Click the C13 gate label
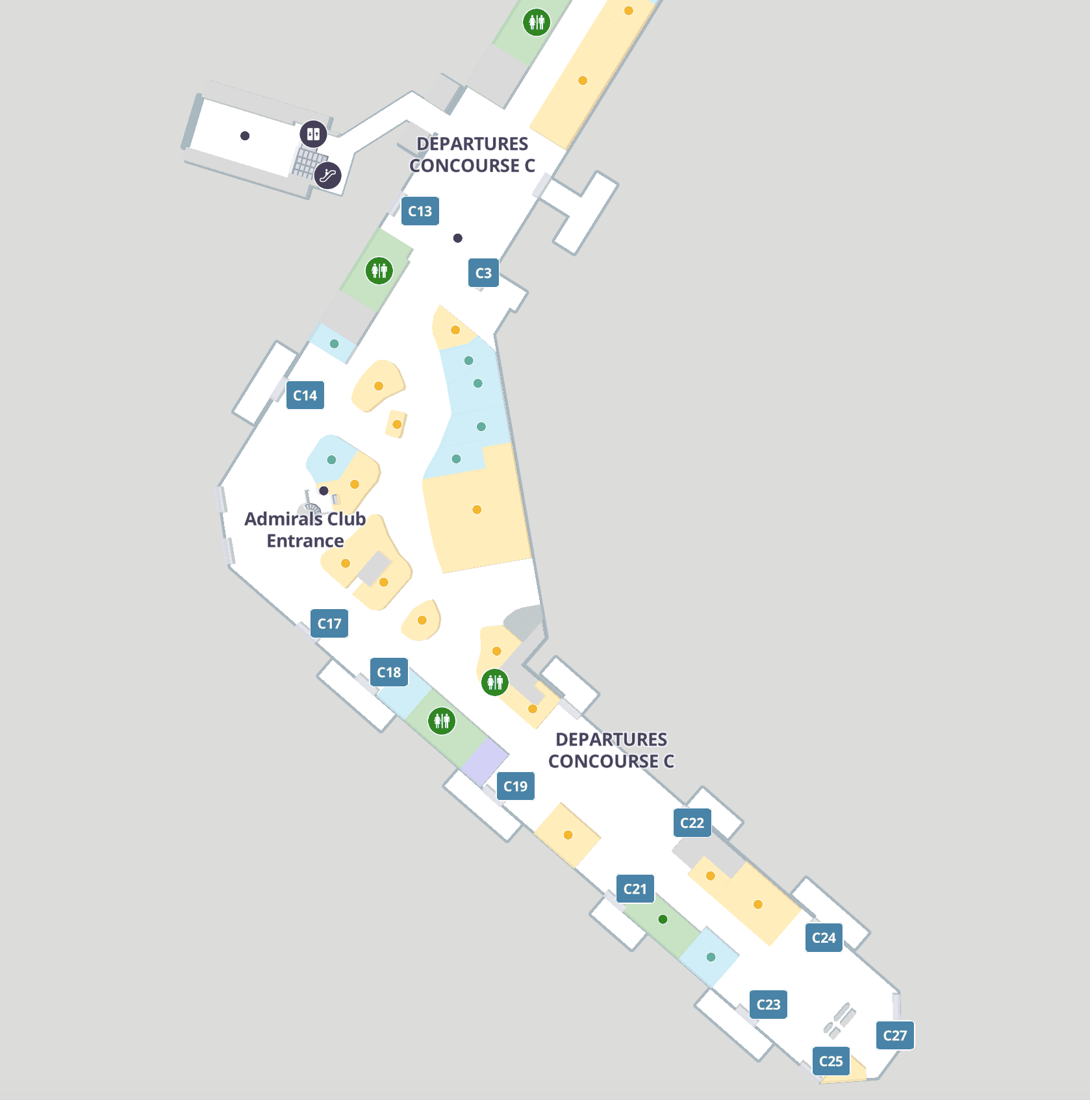tap(420, 211)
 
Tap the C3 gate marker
tap(483, 273)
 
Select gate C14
tap(305, 395)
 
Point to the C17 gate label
tap(329, 623)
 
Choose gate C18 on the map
tap(388, 672)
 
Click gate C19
tap(515, 786)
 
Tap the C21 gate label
tap(635, 889)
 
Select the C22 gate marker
tap(692, 823)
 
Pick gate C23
tap(768, 1005)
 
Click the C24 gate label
tap(824, 938)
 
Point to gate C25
tap(831, 1061)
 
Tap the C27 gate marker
tap(894, 1036)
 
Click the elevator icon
tap(313, 134)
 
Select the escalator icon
tap(328, 175)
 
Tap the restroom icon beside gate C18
tap(442, 721)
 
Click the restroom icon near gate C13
tap(379, 270)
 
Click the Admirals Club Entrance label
tap(305, 530)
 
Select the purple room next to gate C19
tap(485, 761)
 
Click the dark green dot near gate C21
tap(663, 919)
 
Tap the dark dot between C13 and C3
tap(458, 238)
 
